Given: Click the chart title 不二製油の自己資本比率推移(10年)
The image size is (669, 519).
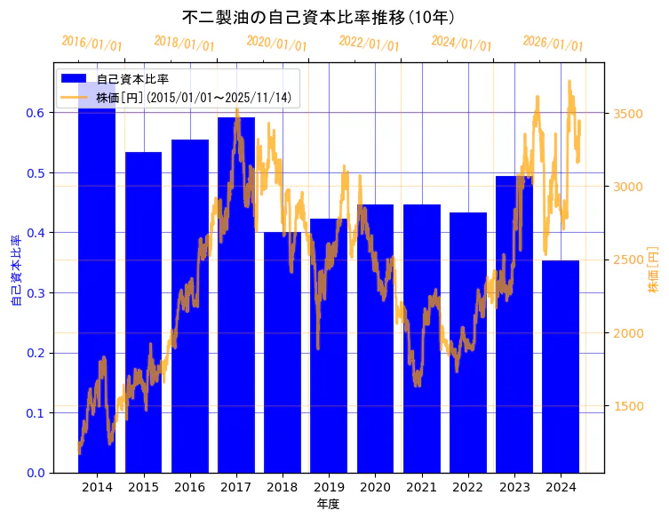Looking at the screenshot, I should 331,17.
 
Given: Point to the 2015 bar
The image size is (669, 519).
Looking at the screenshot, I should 143,311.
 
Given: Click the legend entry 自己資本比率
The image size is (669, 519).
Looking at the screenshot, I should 132,80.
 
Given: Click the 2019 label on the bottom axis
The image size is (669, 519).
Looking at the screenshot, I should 329,487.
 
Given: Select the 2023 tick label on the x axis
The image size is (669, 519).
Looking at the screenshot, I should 514,487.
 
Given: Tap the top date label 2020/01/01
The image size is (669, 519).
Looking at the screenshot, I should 276,43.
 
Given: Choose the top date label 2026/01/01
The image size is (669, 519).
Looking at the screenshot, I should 553,43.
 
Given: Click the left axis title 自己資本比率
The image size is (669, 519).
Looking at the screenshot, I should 16,270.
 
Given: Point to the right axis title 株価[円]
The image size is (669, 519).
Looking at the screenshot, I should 654,270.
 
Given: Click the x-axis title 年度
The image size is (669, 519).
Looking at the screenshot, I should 329,504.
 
